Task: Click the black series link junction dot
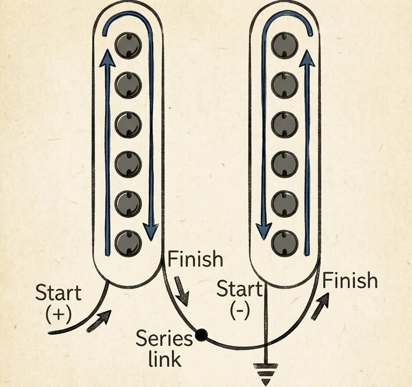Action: coord(202,335)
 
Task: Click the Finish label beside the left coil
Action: coord(195,259)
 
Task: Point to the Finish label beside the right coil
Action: coord(350,280)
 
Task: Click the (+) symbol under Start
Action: coord(58,314)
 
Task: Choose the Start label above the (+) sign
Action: coord(58,293)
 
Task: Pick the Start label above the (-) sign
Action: coord(239,289)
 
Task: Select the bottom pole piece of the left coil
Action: coord(128,243)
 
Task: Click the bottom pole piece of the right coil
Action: coord(285,243)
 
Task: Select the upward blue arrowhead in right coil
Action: coord(306,59)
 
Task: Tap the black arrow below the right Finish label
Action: coord(320,306)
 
